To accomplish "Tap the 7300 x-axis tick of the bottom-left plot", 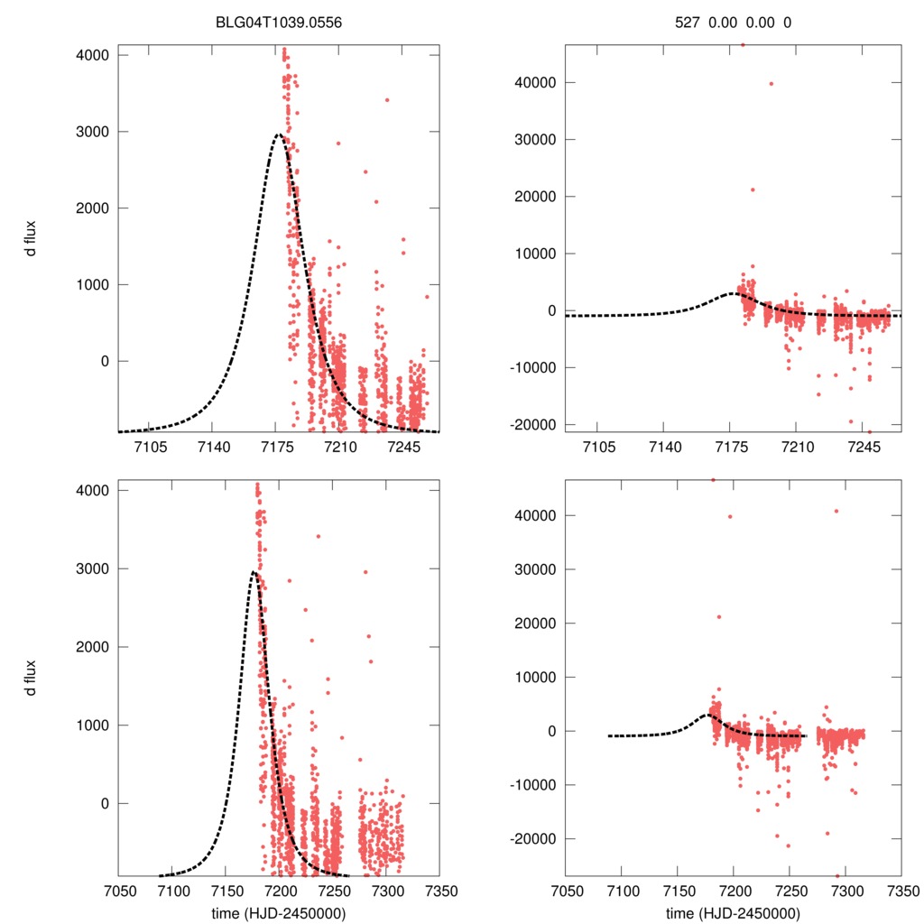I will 386,890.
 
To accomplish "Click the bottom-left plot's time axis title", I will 279,912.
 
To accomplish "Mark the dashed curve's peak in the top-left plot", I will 279,134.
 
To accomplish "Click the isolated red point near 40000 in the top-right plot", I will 771,83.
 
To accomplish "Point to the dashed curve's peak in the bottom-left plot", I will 254,571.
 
